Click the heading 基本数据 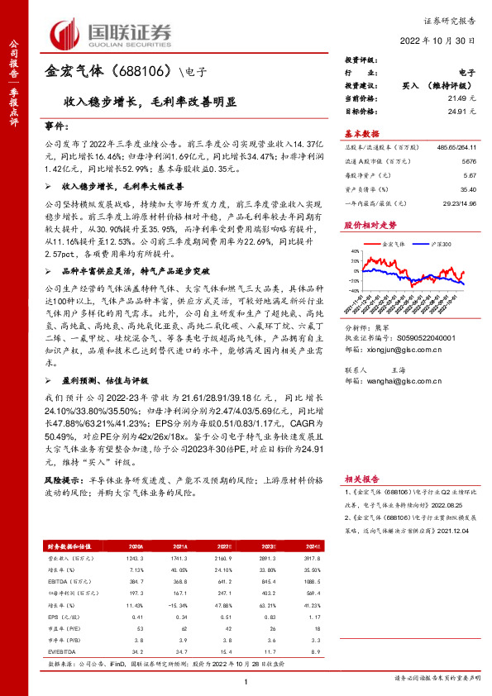click(361, 133)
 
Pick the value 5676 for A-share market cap click(469, 162)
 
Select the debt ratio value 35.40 click(467, 188)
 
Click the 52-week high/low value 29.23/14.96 click(460, 202)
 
